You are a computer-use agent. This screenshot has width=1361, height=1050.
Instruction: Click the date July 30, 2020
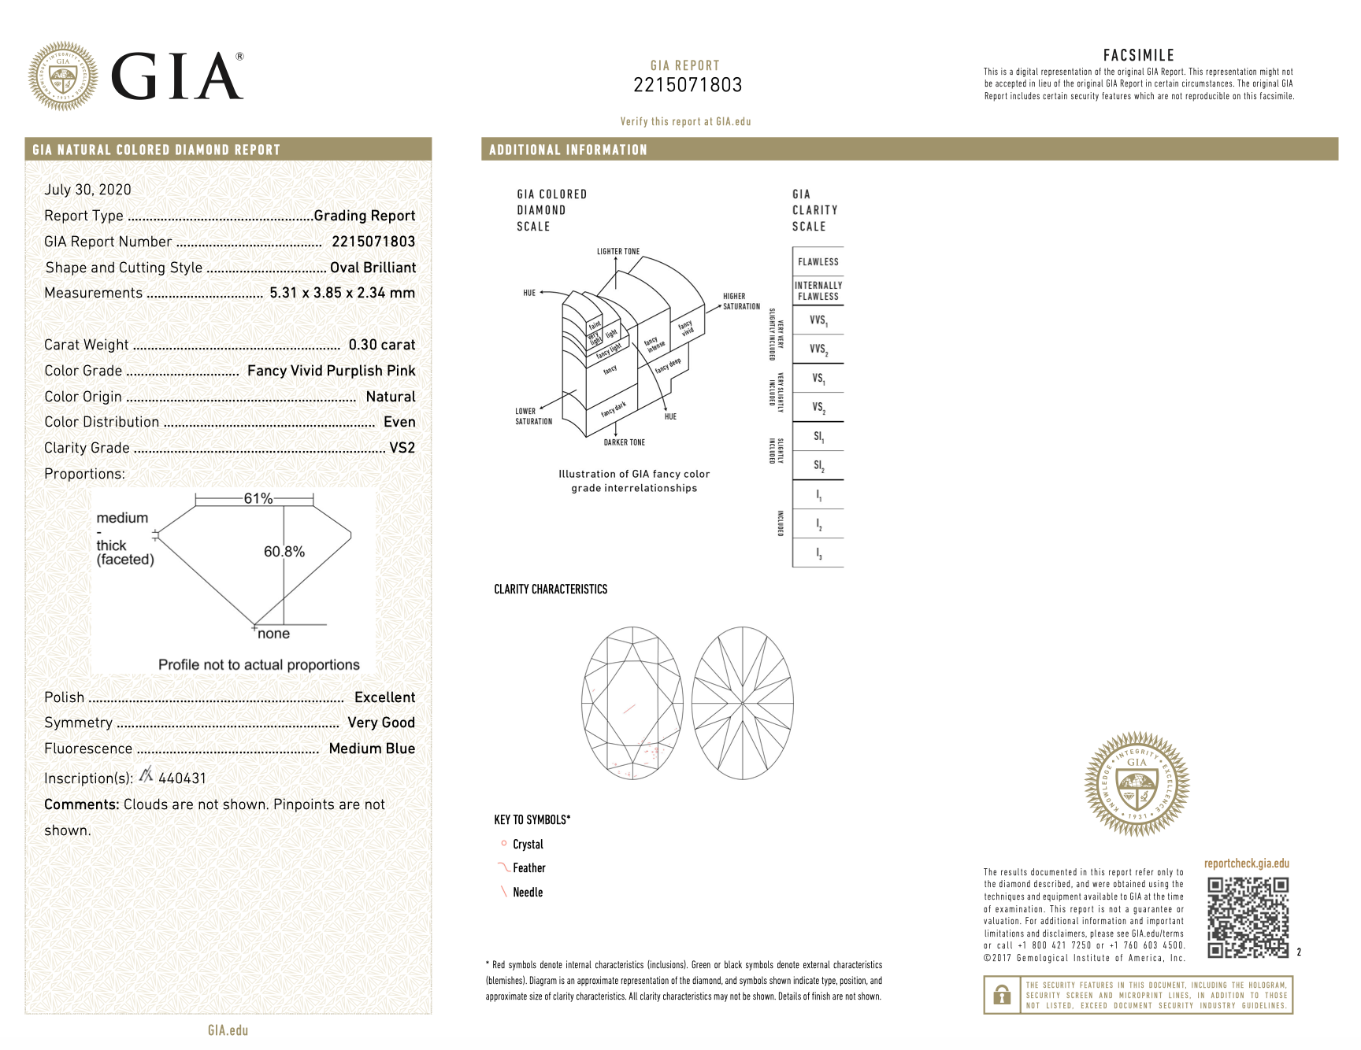pyautogui.click(x=87, y=190)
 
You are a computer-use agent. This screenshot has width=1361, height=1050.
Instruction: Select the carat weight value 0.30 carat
pyautogui.click(x=381, y=345)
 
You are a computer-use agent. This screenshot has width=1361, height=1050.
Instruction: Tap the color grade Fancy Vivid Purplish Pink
pyautogui.click(x=331, y=371)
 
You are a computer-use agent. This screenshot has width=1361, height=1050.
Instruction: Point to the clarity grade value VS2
pyautogui.click(x=402, y=448)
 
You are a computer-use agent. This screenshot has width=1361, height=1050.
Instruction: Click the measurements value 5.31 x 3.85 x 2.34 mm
pyautogui.click(x=342, y=293)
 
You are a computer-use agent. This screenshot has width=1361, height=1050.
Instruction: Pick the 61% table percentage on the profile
pyautogui.click(x=258, y=498)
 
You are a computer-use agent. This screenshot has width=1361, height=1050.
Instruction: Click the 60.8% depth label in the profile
pyautogui.click(x=284, y=552)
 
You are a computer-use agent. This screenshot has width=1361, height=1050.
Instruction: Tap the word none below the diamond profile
pyautogui.click(x=273, y=634)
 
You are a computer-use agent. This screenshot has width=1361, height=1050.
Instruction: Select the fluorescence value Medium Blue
pyautogui.click(x=372, y=749)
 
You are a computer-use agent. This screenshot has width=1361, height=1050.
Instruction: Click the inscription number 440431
pyautogui.click(x=182, y=778)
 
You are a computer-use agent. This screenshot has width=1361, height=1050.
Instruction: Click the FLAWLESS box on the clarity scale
pyautogui.click(x=818, y=262)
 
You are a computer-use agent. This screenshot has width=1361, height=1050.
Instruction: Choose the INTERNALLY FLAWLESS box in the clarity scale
pyautogui.click(x=818, y=291)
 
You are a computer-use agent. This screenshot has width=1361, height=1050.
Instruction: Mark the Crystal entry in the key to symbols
pyautogui.click(x=528, y=845)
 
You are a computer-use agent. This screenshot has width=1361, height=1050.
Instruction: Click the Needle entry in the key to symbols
pyautogui.click(x=528, y=893)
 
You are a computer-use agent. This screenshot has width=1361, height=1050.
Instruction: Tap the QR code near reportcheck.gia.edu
pyautogui.click(x=1248, y=917)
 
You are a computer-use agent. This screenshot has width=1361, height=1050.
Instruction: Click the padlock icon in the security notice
pyautogui.click(x=1002, y=995)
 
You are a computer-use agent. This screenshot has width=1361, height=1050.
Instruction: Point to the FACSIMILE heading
pyautogui.click(x=1138, y=55)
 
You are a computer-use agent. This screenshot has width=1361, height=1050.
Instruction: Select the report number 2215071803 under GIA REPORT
pyautogui.click(x=688, y=85)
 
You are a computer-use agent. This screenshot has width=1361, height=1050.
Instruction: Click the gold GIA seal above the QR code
pyautogui.click(x=1137, y=783)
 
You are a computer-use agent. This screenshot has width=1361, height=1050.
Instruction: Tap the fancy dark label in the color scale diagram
pyautogui.click(x=614, y=409)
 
